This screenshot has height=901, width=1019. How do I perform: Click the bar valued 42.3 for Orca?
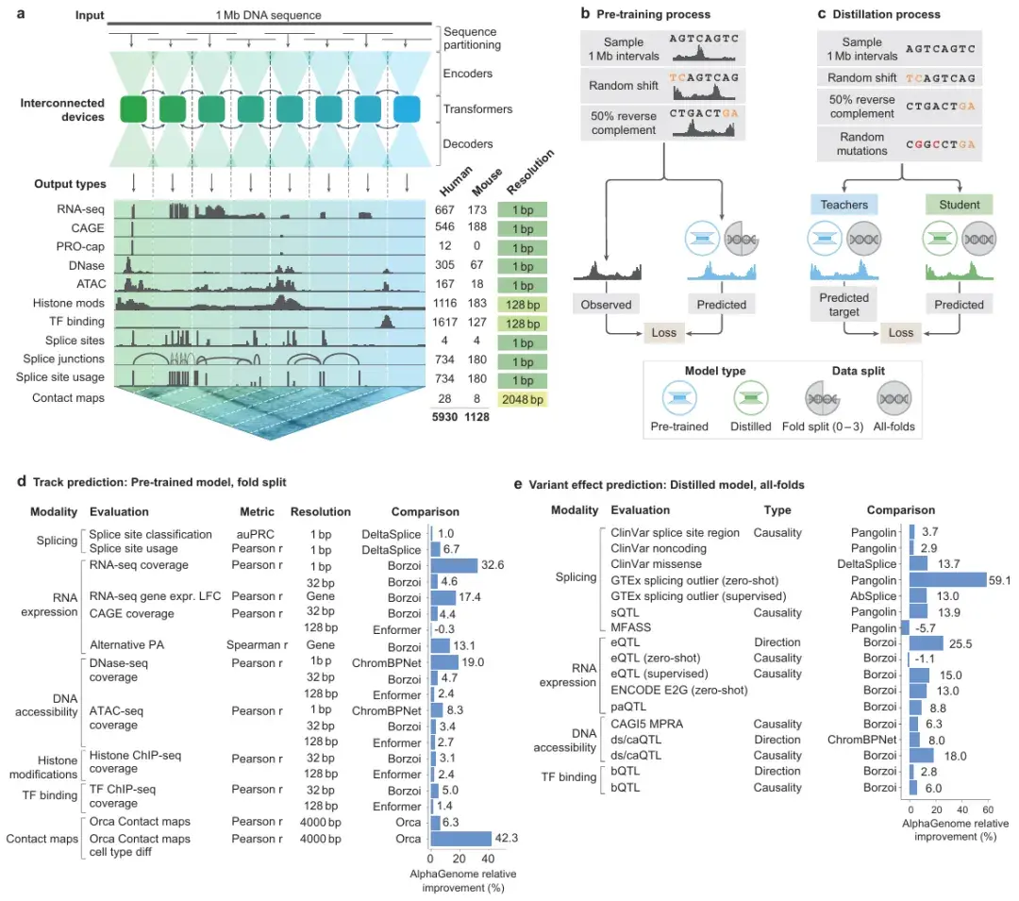(x=460, y=839)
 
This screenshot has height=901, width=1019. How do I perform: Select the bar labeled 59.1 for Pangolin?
(x=948, y=580)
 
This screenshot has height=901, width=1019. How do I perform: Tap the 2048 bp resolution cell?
(x=522, y=400)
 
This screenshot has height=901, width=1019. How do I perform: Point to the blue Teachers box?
(x=843, y=204)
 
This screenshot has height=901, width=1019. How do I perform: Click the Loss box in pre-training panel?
(x=667, y=332)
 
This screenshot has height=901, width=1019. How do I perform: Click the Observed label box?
(x=606, y=305)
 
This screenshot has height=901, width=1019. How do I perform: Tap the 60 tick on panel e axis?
(x=987, y=809)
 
